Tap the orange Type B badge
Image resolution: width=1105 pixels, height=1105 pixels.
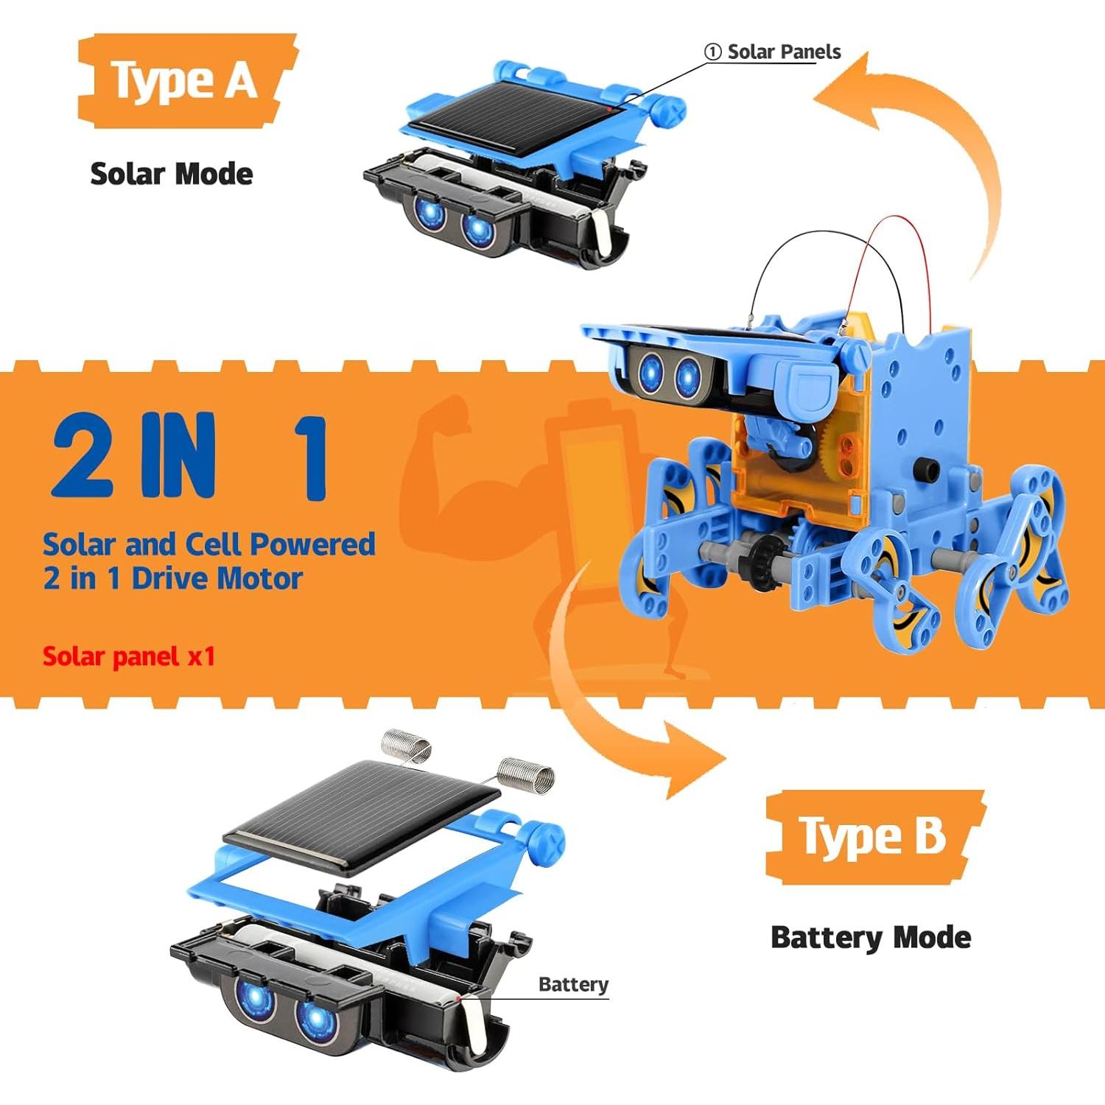(874, 837)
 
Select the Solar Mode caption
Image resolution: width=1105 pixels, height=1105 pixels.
(171, 174)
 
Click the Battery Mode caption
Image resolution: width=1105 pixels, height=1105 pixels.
(870, 937)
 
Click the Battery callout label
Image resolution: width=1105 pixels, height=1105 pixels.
(573, 984)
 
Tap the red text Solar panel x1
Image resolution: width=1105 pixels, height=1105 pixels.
(128, 656)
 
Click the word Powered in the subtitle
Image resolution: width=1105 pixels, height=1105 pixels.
(312, 544)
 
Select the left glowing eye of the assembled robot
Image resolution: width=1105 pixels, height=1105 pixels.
(650, 370)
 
